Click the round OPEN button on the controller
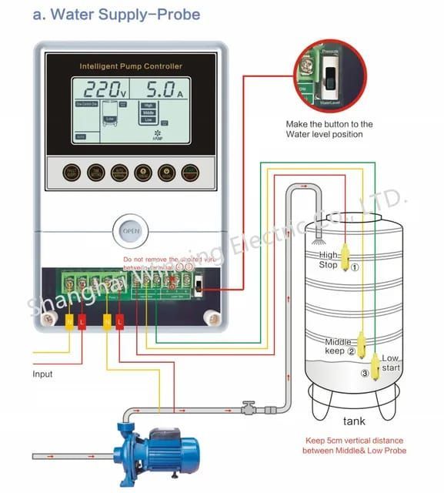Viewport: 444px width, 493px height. (132, 230)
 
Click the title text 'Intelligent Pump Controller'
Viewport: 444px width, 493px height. (131, 67)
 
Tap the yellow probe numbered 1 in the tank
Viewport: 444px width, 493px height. (346, 258)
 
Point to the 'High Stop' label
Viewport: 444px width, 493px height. (328, 260)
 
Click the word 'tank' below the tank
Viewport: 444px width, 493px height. (354, 421)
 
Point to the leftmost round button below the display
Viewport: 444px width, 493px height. (72, 172)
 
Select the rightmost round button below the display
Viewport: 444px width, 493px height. (189, 172)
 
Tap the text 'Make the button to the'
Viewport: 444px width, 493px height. (329, 124)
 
